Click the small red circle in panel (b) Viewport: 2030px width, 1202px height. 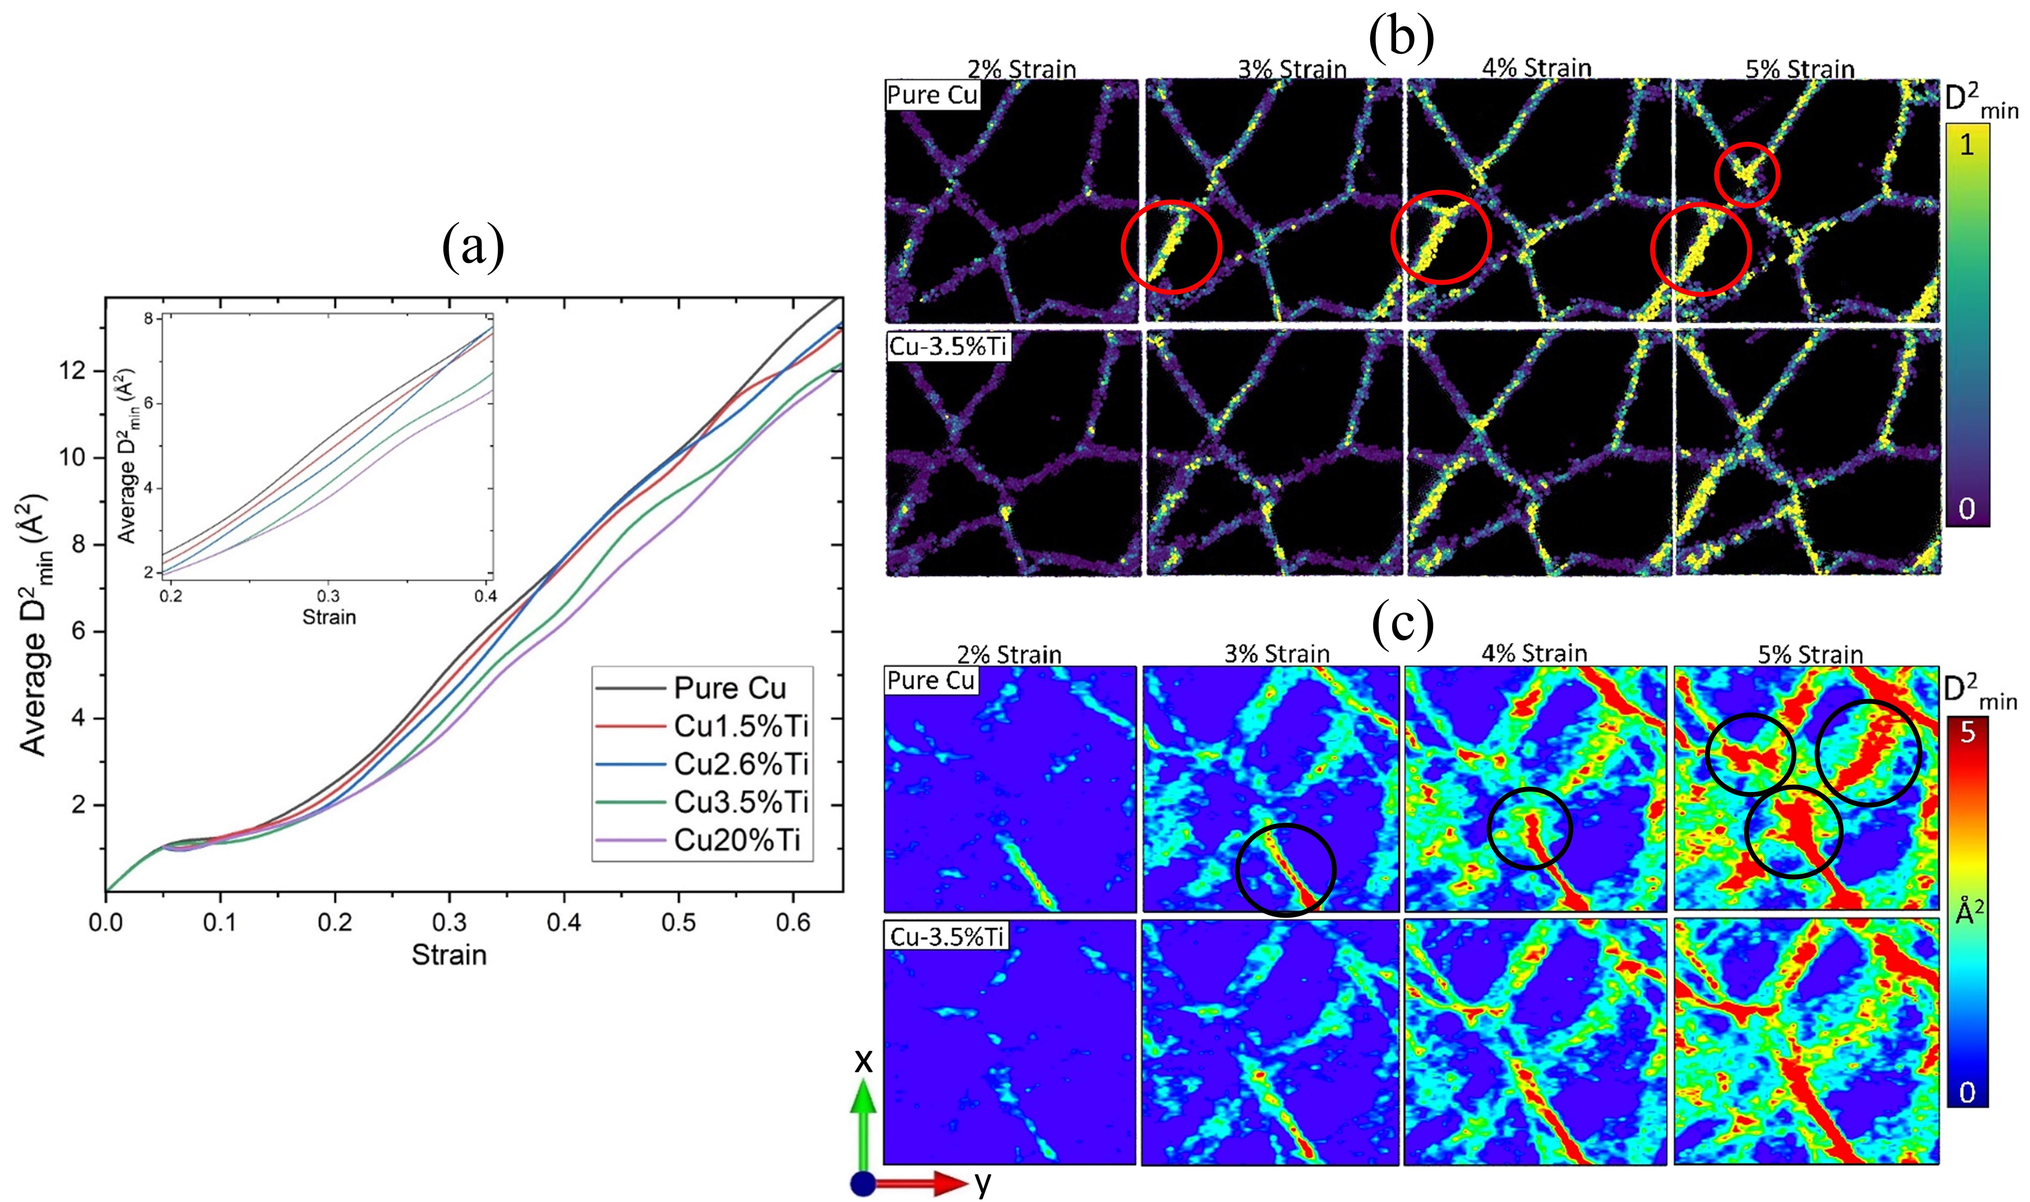point(1747,174)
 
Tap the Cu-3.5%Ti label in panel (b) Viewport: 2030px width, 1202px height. point(948,347)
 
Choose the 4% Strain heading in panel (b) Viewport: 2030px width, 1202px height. point(1537,68)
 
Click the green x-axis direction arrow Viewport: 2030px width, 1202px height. point(864,1126)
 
